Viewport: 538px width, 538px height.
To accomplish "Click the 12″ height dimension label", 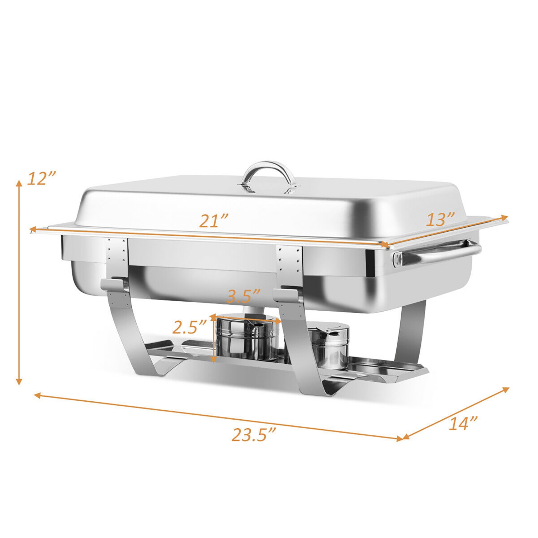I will (42, 178).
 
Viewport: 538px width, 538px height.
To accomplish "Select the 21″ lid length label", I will (214, 221).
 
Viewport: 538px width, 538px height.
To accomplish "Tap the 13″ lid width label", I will (440, 220).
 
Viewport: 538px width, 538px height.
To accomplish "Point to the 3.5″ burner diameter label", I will (243, 296).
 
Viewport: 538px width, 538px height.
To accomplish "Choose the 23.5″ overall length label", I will (254, 435).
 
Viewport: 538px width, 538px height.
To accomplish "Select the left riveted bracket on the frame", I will (117, 254).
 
